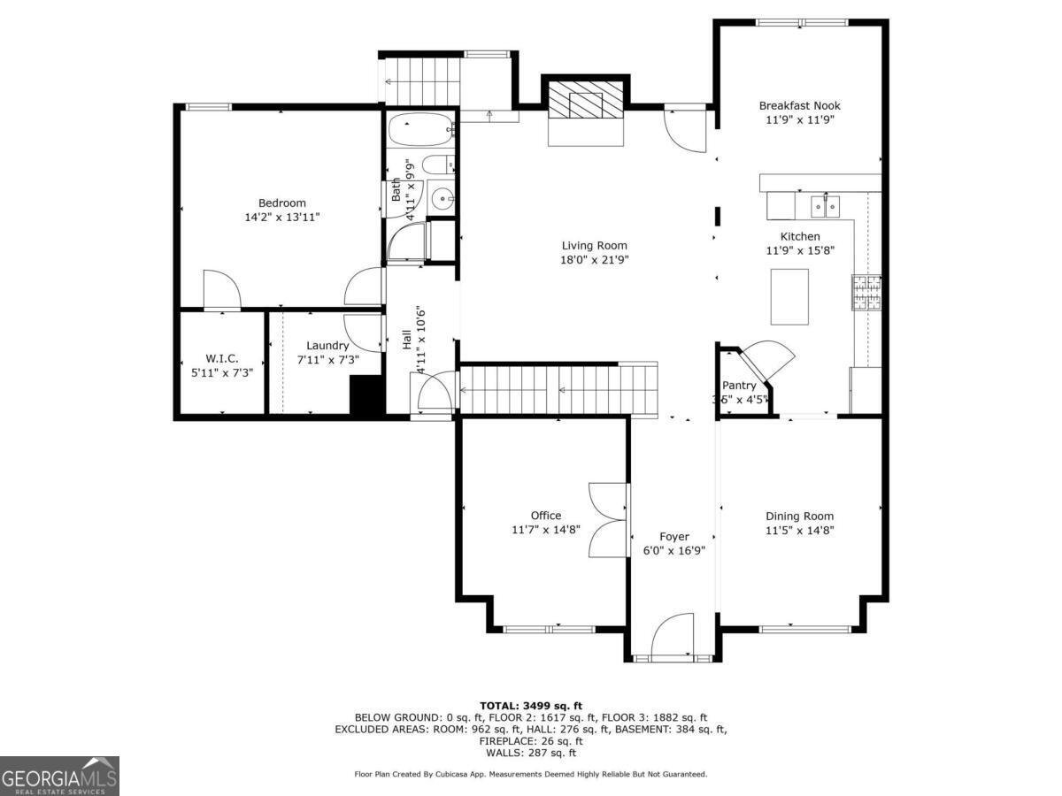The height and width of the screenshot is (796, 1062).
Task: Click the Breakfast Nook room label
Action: click(x=799, y=106)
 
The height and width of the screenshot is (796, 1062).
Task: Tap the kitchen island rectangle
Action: click(x=789, y=297)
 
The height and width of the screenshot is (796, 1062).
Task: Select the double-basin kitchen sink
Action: click(x=825, y=207)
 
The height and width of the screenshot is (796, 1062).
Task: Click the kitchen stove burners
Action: click(x=866, y=293)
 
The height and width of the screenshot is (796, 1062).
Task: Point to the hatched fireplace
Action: click(x=586, y=100)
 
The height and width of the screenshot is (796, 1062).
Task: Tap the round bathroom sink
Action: click(x=442, y=197)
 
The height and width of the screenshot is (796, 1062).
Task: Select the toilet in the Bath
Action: click(x=438, y=165)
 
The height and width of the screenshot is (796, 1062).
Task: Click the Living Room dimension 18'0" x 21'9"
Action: click(x=594, y=260)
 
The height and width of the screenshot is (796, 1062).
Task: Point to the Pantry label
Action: click(x=739, y=386)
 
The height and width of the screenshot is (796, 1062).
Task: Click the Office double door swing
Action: click(x=607, y=520)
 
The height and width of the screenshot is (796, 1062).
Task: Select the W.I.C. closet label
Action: click(x=222, y=358)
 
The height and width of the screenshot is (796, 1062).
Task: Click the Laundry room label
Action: click(x=327, y=346)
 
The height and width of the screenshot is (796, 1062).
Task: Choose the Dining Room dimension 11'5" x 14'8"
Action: click(x=800, y=530)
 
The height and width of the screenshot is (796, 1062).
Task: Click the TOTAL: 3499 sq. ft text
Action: click(x=531, y=706)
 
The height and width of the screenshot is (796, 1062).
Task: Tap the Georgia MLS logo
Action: click(x=59, y=776)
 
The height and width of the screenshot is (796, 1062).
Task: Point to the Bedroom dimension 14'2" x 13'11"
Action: click(x=282, y=217)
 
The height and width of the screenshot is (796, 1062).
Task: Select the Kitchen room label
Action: click(x=800, y=236)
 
